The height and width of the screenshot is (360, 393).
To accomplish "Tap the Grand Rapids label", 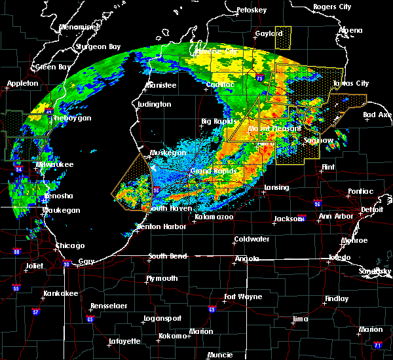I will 208,171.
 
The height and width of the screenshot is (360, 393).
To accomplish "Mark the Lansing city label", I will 276,187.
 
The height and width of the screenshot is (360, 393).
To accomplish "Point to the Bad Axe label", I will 377,115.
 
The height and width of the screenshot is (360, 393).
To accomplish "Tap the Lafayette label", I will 124,341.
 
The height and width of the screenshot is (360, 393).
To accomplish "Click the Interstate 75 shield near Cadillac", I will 261,78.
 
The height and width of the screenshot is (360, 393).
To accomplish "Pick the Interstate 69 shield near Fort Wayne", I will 212,309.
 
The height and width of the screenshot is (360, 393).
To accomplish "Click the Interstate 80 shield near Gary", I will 67,264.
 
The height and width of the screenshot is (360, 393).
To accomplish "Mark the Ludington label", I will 155,104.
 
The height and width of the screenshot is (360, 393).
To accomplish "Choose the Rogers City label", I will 333,7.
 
